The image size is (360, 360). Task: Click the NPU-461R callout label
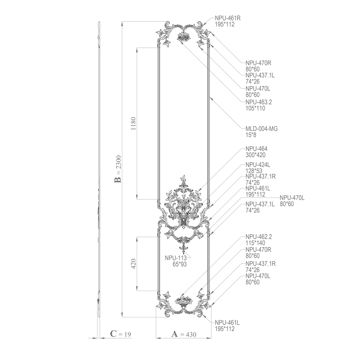coord(227,18)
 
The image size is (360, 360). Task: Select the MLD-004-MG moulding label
coord(262,129)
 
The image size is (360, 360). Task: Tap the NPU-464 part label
coord(256,149)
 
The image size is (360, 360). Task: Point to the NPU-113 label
coord(176,258)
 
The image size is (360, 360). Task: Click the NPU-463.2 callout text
coord(258,102)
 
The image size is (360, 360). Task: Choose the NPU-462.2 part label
coord(258,237)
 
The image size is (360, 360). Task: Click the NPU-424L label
coord(258,165)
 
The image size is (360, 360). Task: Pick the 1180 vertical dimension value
coord(133,123)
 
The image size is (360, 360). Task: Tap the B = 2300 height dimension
coord(118,169)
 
